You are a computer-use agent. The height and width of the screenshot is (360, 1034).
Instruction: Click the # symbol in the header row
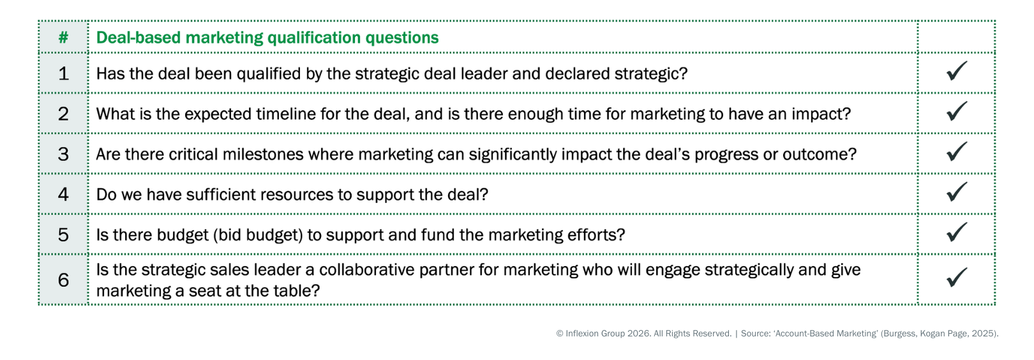click(x=63, y=38)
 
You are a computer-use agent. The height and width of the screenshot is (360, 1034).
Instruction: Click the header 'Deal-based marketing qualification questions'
click(x=267, y=38)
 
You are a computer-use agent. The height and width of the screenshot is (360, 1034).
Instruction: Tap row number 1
click(x=63, y=73)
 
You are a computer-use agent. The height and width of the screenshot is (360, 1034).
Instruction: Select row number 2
click(x=63, y=114)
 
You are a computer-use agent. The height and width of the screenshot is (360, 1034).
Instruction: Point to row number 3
click(x=63, y=154)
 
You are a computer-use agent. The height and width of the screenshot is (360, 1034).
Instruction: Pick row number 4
click(x=63, y=194)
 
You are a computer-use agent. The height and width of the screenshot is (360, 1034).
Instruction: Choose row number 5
click(x=63, y=234)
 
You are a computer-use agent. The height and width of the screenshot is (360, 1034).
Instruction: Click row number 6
click(x=63, y=280)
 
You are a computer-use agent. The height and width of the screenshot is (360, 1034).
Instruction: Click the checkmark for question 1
click(x=956, y=71)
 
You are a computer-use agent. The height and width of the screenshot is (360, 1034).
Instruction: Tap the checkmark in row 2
click(x=956, y=111)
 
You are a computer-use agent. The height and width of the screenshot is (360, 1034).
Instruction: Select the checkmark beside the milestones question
click(x=956, y=151)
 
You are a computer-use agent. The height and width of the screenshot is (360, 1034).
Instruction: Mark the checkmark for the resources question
click(x=956, y=191)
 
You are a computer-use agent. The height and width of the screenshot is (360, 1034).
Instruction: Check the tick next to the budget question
click(x=956, y=232)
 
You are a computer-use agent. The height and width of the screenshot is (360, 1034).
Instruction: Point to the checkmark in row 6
click(x=956, y=277)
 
